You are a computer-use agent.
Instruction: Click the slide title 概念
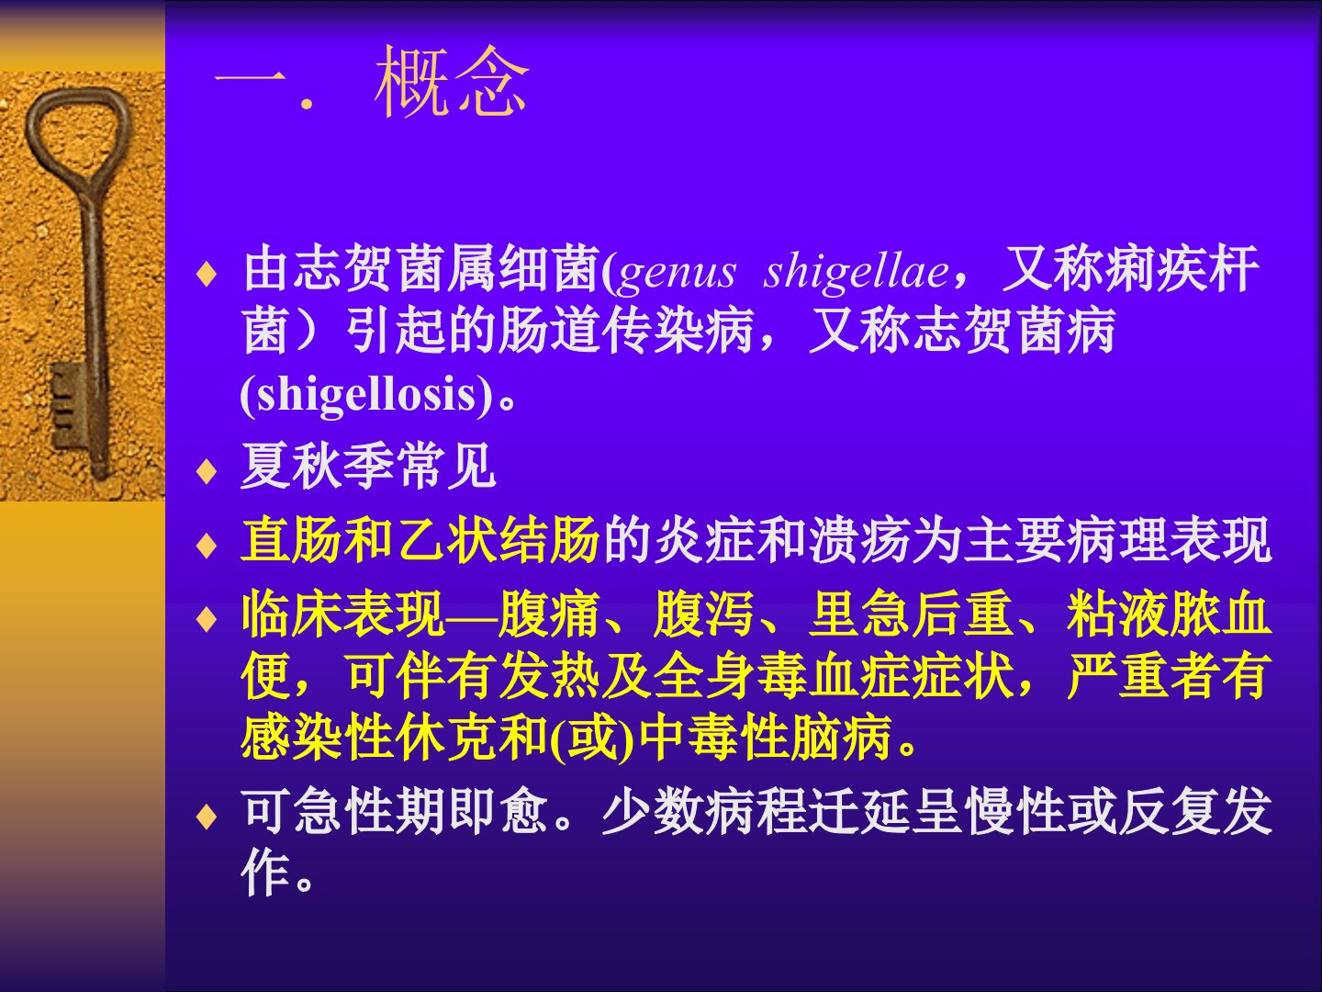(451, 82)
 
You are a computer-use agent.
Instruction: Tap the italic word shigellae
(856, 272)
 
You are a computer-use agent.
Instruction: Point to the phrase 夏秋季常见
(368, 466)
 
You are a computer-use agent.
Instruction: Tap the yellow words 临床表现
(343, 614)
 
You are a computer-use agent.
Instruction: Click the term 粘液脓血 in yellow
(1169, 614)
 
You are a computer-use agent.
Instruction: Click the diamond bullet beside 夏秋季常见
(207, 470)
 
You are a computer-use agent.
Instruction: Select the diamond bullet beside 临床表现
(207, 618)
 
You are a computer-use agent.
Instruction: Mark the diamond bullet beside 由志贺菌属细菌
(207, 274)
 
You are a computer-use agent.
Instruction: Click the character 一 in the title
(250, 82)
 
